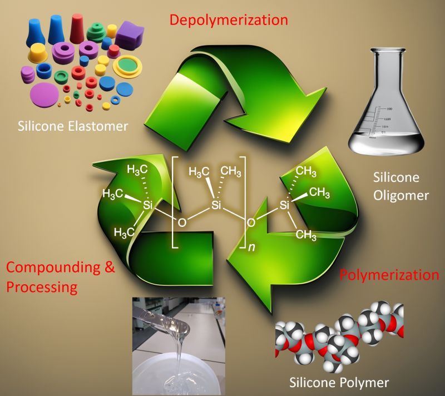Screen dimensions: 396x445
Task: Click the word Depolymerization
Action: [229, 21]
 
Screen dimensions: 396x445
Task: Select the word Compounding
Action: [53, 269]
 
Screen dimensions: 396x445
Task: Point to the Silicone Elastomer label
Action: [73, 126]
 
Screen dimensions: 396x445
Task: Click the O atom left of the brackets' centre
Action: [180, 223]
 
